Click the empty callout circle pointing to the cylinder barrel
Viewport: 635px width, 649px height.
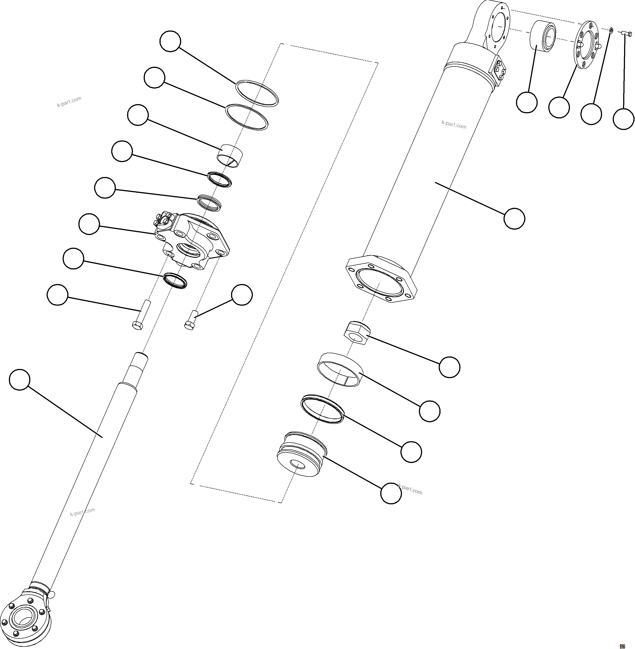click(514, 218)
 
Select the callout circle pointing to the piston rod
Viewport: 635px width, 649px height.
click(20, 379)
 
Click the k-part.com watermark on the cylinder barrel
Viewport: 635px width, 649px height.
click(454, 125)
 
